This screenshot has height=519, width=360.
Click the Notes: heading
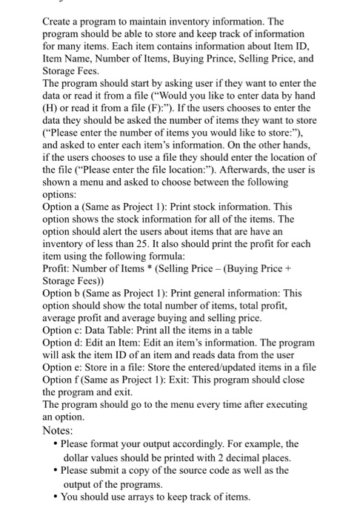click(x=60, y=430)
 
